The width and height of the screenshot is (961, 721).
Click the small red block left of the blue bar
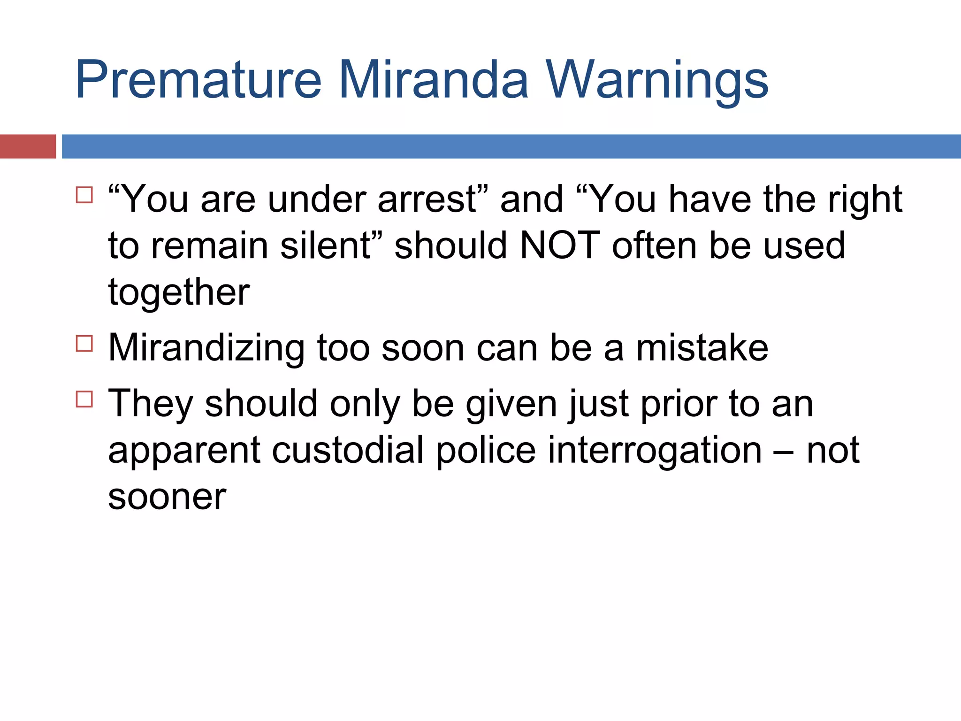click(x=28, y=146)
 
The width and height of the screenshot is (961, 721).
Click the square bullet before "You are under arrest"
click(x=84, y=195)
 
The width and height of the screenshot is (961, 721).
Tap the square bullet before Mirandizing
click(x=84, y=344)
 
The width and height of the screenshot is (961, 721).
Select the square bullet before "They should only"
click(x=84, y=399)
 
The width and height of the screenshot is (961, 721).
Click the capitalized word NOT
click(x=560, y=245)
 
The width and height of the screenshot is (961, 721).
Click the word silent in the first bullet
click(x=326, y=245)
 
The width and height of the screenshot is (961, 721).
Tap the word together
click(x=179, y=292)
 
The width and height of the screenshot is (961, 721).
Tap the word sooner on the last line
click(x=167, y=497)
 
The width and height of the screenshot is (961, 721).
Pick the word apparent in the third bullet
click(x=184, y=450)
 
